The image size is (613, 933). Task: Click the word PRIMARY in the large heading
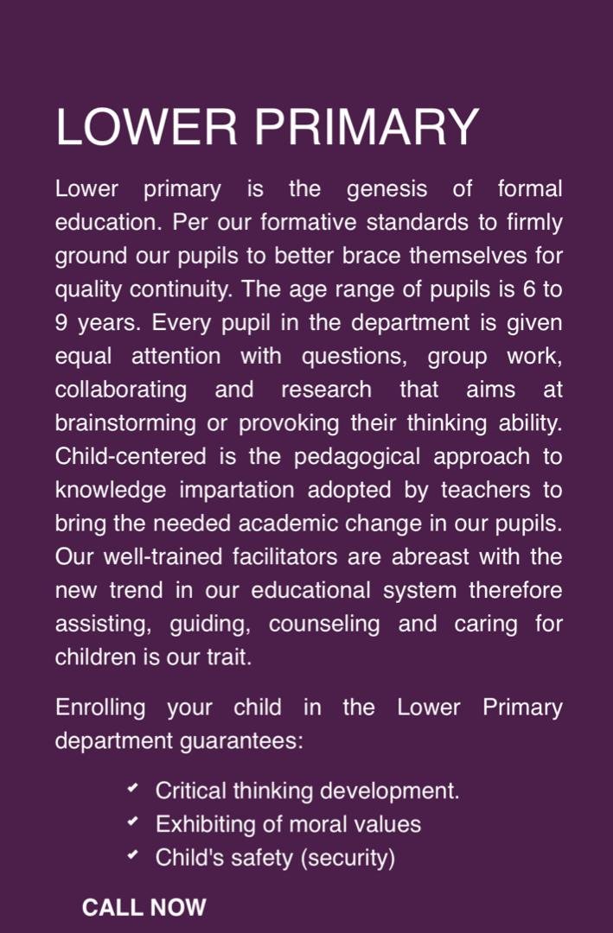tap(367, 127)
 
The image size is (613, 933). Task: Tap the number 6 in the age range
tap(529, 290)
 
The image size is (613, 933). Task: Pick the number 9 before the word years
tap(62, 324)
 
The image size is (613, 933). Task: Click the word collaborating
tap(121, 390)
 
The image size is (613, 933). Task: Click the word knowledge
tap(112, 491)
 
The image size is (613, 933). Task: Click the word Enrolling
tap(100, 708)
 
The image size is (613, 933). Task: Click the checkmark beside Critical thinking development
tap(131, 790)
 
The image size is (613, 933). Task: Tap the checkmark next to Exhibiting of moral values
tap(131, 822)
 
